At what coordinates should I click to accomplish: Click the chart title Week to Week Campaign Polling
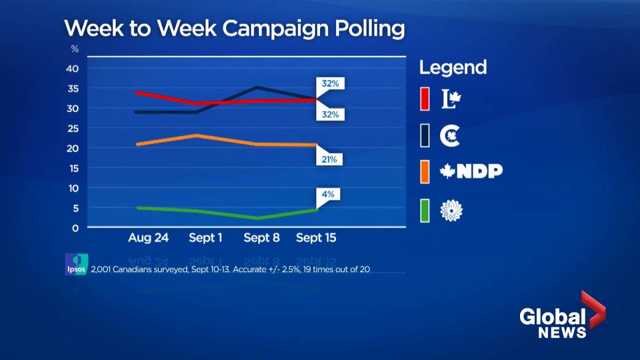[x=234, y=29]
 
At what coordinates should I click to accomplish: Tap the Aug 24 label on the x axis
[x=148, y=238]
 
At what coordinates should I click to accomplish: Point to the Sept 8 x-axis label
[x=262, y=238]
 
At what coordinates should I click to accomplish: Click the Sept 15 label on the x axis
[x=316, y=238]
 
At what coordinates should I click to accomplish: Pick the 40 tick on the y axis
[x=73, y=68]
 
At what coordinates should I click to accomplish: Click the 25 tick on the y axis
[x=73, y=128]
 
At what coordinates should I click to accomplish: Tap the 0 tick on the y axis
[x=75, y=228]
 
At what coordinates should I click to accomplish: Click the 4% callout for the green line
[x=329, y=194]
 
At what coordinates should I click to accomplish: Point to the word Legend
[x=453, y=67]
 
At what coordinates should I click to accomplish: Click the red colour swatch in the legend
[x=425, y=99]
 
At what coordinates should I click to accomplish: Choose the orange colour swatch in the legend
[x=425, y=171]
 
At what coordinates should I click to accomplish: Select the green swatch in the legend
[x=425, y=210]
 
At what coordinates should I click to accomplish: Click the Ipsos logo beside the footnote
[x=76, y=264]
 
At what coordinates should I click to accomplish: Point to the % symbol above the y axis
[x=75, y=49]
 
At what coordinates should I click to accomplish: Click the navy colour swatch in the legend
[x=425, y=135]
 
